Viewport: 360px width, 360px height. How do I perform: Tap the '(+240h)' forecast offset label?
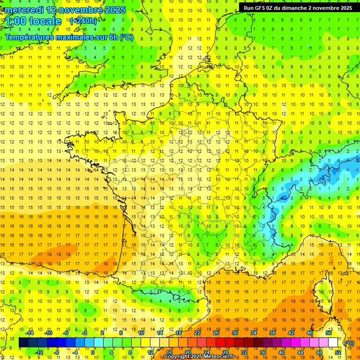(x=83, y=21)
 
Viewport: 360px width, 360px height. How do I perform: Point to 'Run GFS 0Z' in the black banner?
(x=259, y=8)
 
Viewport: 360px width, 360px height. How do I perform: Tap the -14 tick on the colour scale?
(x=30, y=333)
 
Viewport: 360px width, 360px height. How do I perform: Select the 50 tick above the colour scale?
(x=329, y=333)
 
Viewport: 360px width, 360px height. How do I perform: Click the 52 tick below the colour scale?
(x=338, y=352)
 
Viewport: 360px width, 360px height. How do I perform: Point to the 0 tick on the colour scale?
(x=93, y=352)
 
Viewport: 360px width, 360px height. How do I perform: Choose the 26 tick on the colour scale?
(x=216, y=333)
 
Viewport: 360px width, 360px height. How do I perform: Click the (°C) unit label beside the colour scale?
(x=349, y=343)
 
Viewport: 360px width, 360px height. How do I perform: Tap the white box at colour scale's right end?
(x=333, y=343)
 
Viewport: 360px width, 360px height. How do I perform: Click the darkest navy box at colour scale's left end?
(x=23, y=343)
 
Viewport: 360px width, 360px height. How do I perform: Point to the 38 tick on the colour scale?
(x=272, y=333)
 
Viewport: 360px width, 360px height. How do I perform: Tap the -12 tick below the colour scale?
(x=39, y=352)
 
